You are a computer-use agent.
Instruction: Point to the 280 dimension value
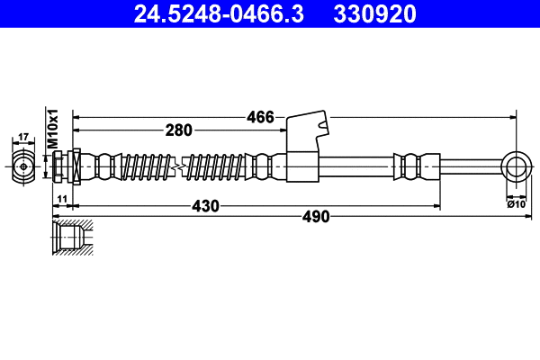tap(179, 130)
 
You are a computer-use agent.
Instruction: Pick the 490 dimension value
tap(315, 217)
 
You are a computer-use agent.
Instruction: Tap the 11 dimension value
tap(61, 198)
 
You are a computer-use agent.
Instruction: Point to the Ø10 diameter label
tap(517, 204)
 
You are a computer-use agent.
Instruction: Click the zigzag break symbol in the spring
tap(182, 166)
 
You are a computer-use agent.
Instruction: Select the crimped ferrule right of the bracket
tap(411, 166)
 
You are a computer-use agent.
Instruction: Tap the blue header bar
tap(270, 13)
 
